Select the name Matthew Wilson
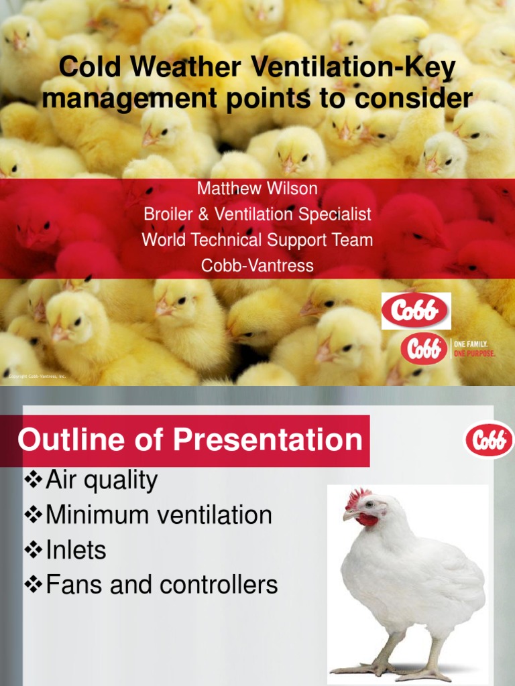coord(257,188)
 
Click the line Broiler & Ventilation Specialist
coord(257,214)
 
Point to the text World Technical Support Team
coord(257,240)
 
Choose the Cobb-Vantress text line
coord(257,265)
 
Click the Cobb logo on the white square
coord(416,311)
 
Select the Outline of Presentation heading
coord(190,441)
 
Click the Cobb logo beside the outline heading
coord(489,439)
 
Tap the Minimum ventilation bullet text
coord(159,515)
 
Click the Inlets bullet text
coord(76,550)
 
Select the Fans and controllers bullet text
coord(162,585)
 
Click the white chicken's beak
coord(349,515)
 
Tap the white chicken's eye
coord(368,505)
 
